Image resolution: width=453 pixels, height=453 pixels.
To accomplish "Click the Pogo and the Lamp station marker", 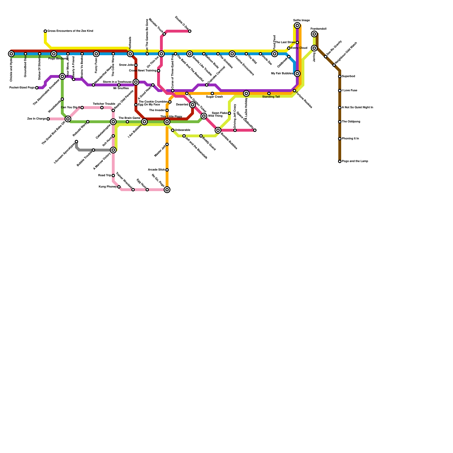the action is pyautogui.click(x=340, y=161).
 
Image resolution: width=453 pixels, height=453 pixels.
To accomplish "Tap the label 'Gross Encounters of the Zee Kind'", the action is pyautogui.click(x=70, y=31).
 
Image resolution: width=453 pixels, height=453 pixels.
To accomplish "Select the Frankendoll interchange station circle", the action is pyautogui.click(x=314, y=34).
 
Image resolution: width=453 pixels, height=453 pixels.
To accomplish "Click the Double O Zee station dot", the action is pyautogui.click(x=190, y=31).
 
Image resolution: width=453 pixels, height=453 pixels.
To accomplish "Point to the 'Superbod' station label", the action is pyautogui.click(x=348, y=76).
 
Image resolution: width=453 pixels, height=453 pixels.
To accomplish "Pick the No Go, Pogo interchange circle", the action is pyautogui.click(x=167, y=190).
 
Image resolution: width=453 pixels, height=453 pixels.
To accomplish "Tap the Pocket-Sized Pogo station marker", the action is pyautogui.click(x=37, y=88).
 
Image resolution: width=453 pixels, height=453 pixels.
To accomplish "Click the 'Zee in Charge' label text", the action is pyautogui.click(x=37, y=119).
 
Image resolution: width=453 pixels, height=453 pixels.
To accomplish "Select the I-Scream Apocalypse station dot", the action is pyautogui.click(x=76, y=142).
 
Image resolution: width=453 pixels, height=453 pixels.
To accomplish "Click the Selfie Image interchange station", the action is pyautogui.click(x=297, y=25).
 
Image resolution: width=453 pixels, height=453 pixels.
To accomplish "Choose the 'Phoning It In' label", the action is pyautogui.click(x=350, y=139).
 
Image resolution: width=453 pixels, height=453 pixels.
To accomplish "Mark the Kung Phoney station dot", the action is pyautogui.click(x=119, y=187).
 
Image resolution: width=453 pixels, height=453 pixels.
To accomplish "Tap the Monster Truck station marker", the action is pyautogui.click(x=164, y=34).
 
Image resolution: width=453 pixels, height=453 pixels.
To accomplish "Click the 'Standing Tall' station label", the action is pyautogui.click(x=271, y=97).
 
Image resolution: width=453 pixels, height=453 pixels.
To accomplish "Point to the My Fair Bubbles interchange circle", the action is pyautogui.click(x=297, y=74).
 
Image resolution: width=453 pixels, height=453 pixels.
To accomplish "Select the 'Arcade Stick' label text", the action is pyautogui.click(x=156, y=170).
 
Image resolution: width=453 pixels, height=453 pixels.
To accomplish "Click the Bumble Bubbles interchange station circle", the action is pyautogui.click(x=218, y=130).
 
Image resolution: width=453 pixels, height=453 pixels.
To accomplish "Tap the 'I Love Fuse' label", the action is pyautogui.click(x=349, y=91).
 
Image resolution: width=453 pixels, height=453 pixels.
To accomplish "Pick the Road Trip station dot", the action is pyautogui.click(x=113, y=176).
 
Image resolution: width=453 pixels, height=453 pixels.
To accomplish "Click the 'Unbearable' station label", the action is pyautogui.click(x=182, y=130).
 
